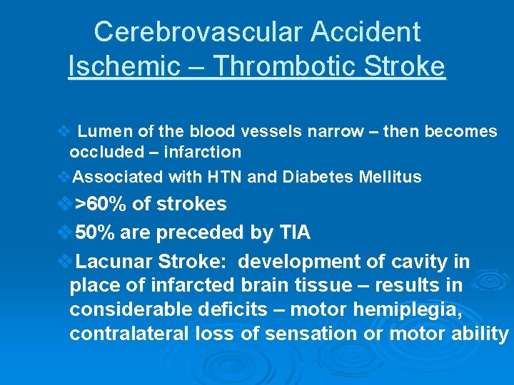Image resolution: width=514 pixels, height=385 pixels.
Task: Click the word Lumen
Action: (x=99, y=132)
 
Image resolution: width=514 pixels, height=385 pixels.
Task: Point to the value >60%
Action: (x=101, y=205)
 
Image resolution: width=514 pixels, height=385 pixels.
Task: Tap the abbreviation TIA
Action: (x=294, y=232)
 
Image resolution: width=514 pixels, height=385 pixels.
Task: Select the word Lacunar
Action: (x=109, y=261)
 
